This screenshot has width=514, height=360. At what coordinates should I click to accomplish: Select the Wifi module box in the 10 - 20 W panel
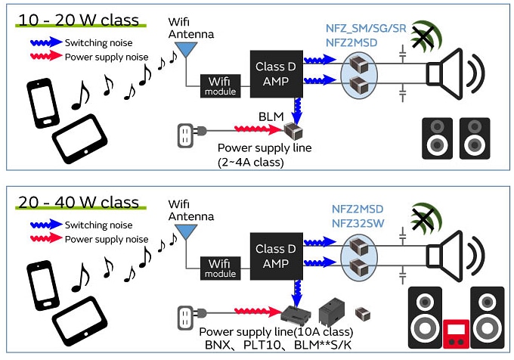[x=219, y=86]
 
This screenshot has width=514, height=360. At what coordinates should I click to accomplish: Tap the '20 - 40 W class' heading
[x=79, y=202]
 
